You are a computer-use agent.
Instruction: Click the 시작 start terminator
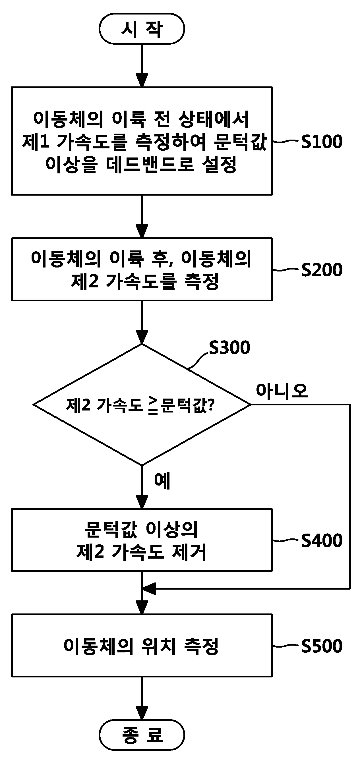tap(142, 29)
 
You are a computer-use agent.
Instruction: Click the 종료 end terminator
tap(142, 735)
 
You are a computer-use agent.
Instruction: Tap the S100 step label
tap(322, 142)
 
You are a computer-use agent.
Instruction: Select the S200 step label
tap(322, 270)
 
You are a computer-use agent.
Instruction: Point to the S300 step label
tap(229, 347)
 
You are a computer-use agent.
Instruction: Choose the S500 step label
tap(322, 646)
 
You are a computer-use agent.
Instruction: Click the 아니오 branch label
tap(282, 390)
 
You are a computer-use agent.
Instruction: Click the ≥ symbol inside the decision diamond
tap(153, 405)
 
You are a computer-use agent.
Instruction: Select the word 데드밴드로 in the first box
tap(150, 164)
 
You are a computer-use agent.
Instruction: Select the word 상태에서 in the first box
tap(213, 119)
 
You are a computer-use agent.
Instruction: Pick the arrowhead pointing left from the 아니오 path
tap(149, 588)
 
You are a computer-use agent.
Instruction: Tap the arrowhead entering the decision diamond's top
tap(142, 337)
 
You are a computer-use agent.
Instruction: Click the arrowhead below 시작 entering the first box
tap(142, 80)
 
